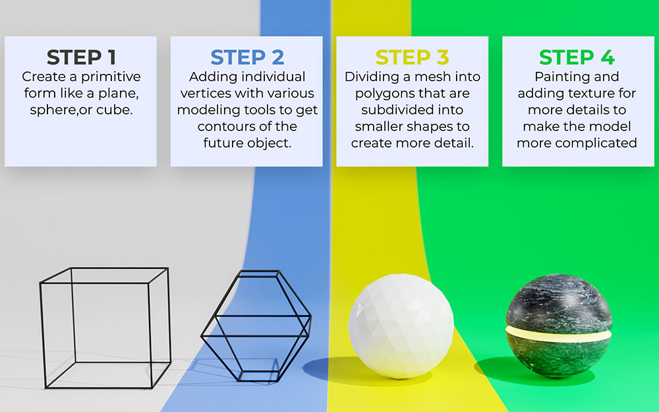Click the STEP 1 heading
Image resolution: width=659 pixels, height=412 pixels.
[x=80, y=57]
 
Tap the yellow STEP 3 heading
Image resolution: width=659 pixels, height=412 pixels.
[x=412, y=57]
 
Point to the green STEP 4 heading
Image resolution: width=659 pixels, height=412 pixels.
[x=577, y=57]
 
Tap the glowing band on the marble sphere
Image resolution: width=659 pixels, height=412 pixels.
[x=558, y=332]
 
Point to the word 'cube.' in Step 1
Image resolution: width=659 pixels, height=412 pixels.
[x=115, y=110]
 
